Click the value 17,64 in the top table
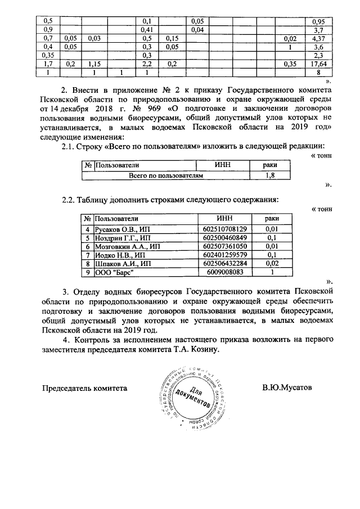coord(317,64)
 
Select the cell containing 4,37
coord(317,38)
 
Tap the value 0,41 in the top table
coord(147,30)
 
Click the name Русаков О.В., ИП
coord(121,229)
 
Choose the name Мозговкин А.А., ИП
coord(127,246)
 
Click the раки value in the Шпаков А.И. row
coord(272,263)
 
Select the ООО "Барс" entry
coord(113,272)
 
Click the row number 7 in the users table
coord(88,255)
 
